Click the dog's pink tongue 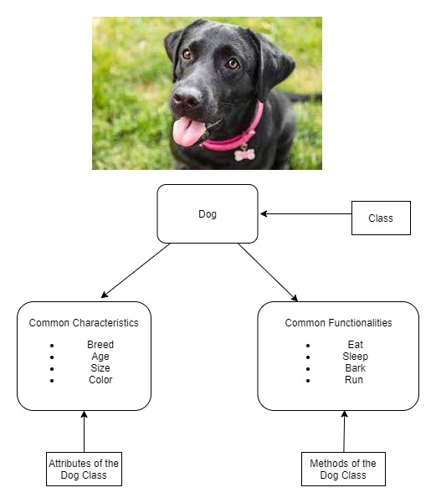pos(189,131)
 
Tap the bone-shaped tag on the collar pos(244,154)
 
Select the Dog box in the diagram pos(208,214)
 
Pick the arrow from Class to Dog pos(305,214)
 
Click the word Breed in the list pos(100,344)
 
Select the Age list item pos(100,356)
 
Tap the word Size pos(100,367)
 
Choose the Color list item pos(100,379)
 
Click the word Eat pos(355,344)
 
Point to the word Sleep pos(355,356)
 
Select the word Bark pos(355,367)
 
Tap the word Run pos(354,379)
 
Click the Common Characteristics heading pos(84,322)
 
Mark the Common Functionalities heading pos(338,322)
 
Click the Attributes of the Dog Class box pos(84,470)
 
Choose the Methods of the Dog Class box pos(343,470)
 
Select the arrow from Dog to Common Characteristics pos(136,270)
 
